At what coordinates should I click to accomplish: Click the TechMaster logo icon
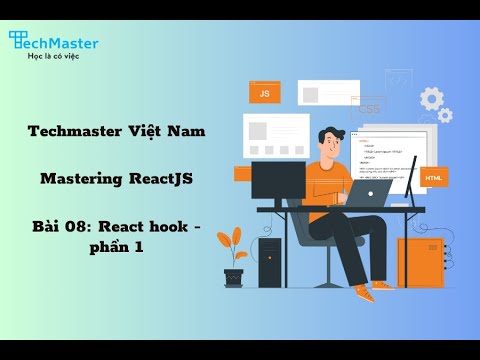[x=19, y=40]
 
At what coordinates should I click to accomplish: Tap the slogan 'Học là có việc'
[x=54, y=55]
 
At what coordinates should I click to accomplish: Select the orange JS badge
[x=264, y=93]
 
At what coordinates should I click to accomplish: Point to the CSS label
[x=369, y=108]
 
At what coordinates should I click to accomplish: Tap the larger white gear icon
[x=431, y=98]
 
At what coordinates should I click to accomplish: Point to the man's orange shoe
[x=363, y=295]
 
